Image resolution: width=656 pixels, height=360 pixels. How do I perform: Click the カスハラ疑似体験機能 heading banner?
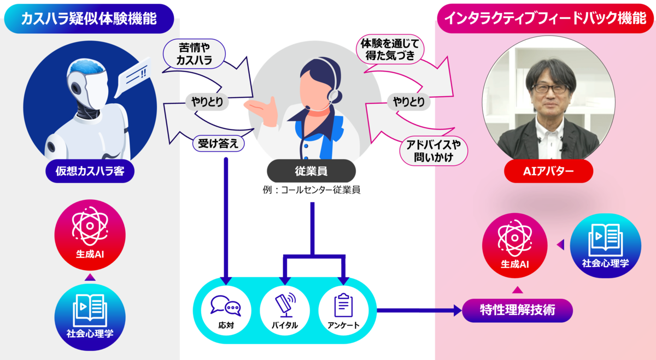[x=89, y=19]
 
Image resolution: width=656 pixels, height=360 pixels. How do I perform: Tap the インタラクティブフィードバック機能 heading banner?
[x=546, y=18]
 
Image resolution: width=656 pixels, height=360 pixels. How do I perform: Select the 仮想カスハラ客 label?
[x=90, y=171]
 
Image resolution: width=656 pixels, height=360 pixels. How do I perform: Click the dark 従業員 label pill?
[x=311, y=171]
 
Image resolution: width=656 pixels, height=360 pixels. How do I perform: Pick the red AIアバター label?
[x=548, y=171]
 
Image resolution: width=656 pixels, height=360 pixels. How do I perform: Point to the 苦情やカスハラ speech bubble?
[x=194, y=54]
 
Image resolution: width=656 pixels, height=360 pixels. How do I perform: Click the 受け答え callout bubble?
[x=218, y=144]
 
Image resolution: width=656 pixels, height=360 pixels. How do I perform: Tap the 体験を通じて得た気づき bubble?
[x=390, y=49]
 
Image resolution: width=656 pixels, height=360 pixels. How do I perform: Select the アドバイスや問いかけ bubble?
[x=434, y=151]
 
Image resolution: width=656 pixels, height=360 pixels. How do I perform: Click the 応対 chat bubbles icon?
[x=226, y=305]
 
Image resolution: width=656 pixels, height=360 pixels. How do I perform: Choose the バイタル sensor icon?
[x=285, y=305]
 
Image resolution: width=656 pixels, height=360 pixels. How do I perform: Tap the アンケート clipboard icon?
[x=343, y=305]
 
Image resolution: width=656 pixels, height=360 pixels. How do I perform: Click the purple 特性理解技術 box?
[x=517, y=310]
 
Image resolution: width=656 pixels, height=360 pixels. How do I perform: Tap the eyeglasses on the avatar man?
[x=550, y=88]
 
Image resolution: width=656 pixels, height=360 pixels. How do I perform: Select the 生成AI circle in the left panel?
[x=90, y=235]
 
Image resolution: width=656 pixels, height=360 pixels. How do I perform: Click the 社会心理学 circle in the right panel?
[x=605, y=246]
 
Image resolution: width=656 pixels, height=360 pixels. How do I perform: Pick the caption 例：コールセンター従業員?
[x=311, y=190]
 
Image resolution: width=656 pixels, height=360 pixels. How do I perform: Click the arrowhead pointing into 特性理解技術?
[x=458, y=310]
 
